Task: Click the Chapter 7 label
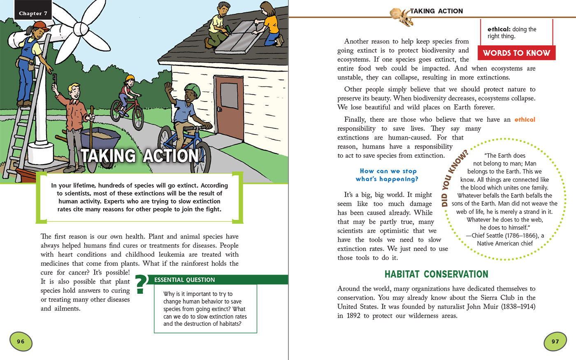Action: [x=33, y=13]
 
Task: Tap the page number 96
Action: [x=21, y=341]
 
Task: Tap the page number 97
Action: [x=555, y=341]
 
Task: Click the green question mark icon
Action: [x=141, y=284]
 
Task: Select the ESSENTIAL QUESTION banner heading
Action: [x=184, y=280]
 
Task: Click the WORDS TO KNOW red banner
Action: [x=516, y=53]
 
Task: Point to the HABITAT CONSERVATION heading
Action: [x=436, y=274]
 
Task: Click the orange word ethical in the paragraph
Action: [x=525, y=119]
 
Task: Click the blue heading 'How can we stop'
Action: [x=388, y=171]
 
